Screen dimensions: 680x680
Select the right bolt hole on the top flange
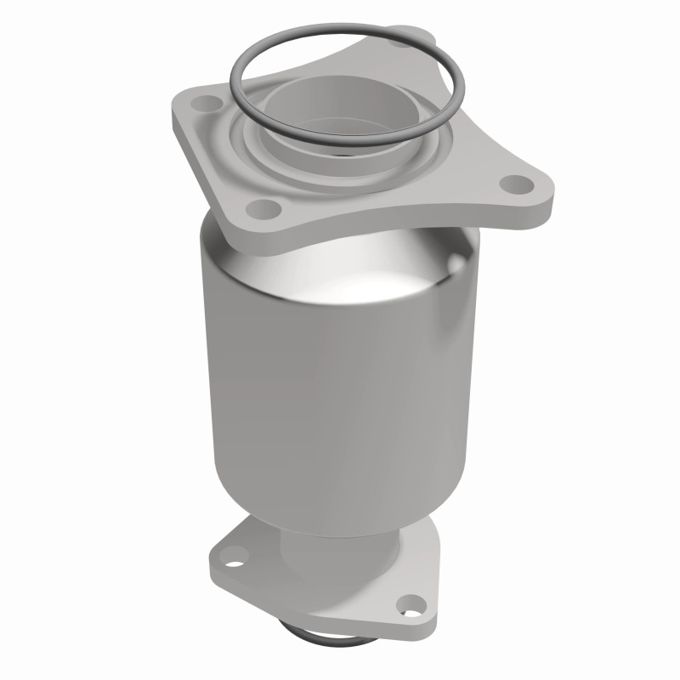click(512, 183)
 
